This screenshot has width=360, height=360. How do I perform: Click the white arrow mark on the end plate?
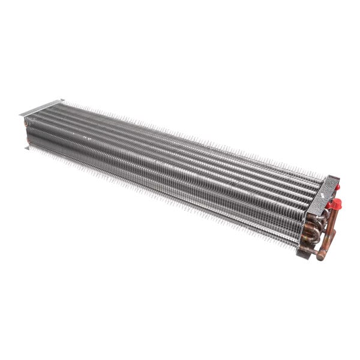click(322, 196)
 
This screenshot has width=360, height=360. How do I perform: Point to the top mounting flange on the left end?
click(42, 107)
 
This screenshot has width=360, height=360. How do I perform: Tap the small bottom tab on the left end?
click(28, 147)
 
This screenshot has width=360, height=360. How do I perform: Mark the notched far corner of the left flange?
click(61, 100)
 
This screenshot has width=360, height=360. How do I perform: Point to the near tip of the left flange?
click(21, 115)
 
